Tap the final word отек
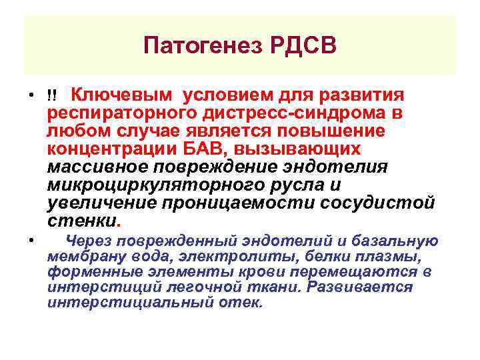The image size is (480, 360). [x=247, y=303]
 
